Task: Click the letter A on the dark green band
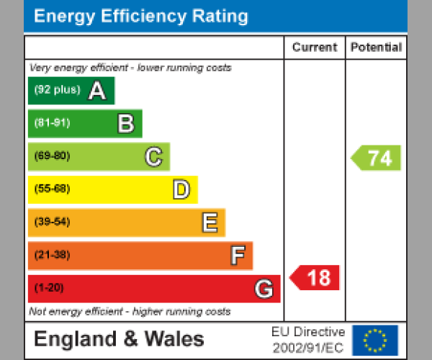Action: [96, 91]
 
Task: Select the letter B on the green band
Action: [125, 124]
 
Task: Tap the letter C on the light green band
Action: [153, 156]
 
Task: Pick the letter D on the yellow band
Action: [181, 190]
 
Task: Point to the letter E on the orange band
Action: [209, 222]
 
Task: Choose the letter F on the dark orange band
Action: [237, 256]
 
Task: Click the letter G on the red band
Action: [264, 289]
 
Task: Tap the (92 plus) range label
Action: [57, 90]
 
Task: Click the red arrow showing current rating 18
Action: [315, 278]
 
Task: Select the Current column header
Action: [314, 48]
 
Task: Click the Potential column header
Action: [376, 48]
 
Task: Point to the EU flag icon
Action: [374, 340]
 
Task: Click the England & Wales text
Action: [119, 339]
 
